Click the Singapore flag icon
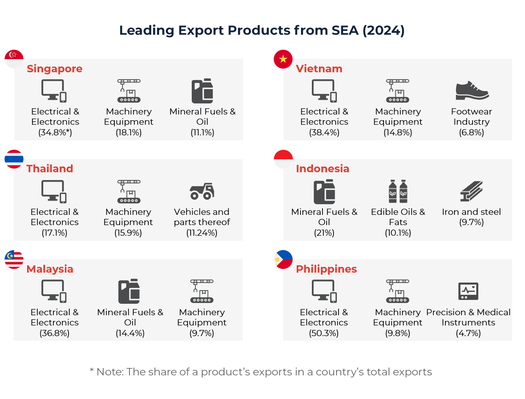(x=14, y=59)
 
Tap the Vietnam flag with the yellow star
(x=283, y=59)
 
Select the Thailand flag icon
(x=14, y=159)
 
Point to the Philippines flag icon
(x=283, y=259)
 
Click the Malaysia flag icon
(x=14, y=259)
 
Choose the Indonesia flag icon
(x=283, y=159)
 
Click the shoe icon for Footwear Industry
(x=472, y=91)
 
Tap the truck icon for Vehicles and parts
(x=202, y=191)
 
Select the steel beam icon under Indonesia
(x=471, y=191)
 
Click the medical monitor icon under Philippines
(x=468, y=291)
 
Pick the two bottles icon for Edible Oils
(x=398, y=191)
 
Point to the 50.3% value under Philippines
(x=324, y=333)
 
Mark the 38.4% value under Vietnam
(x=324, y=133)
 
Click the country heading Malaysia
(x=50, y=269)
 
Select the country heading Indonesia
(x=322, y=169)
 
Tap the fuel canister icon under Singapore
(x=202, y=91)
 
